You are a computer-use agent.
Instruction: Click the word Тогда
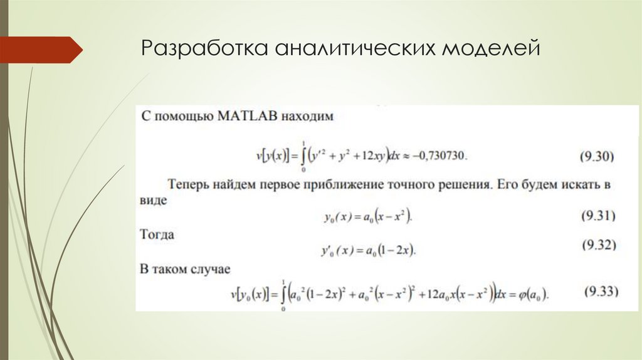coord(157,235)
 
